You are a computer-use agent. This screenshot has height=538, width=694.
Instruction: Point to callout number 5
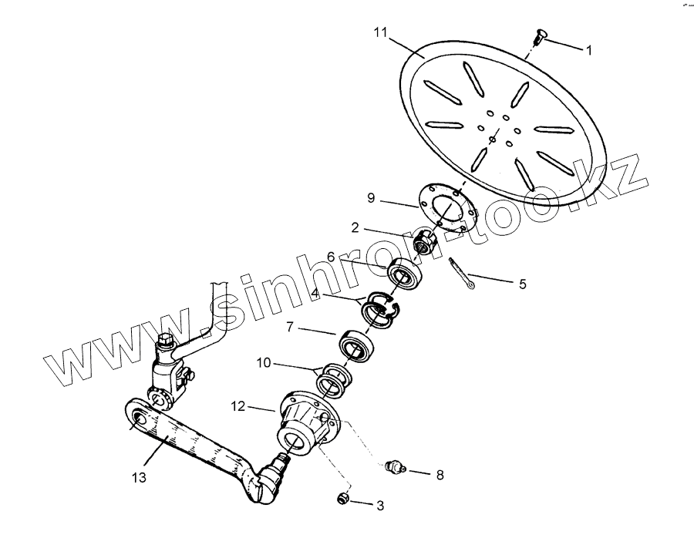tap(522, 284)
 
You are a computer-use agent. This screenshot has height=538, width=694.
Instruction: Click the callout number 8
tap(440, 475)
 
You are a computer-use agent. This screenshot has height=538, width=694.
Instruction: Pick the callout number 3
tap(379, 506)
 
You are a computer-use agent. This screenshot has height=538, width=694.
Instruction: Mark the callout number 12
tap(238, 405)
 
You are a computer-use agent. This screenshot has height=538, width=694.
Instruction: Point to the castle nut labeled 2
tap(423, 244)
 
